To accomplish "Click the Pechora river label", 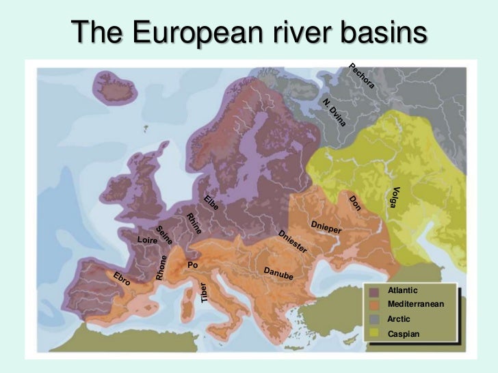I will point(362,76).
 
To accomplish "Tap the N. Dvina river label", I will point(336,113).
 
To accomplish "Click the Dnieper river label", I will point(326,227).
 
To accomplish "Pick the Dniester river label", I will point(293,243).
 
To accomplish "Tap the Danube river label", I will point(278,273).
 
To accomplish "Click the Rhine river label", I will point(194,224).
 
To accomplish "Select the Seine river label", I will point(164,235).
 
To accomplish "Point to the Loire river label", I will point(147,240).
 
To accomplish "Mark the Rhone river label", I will point(161,267).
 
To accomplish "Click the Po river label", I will point(192,264).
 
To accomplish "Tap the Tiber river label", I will point(204,292).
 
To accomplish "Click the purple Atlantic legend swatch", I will point(374,292).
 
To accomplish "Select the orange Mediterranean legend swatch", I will point(374,305).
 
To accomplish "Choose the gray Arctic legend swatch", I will point(374,319).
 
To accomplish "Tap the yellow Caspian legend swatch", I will point(374,333).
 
